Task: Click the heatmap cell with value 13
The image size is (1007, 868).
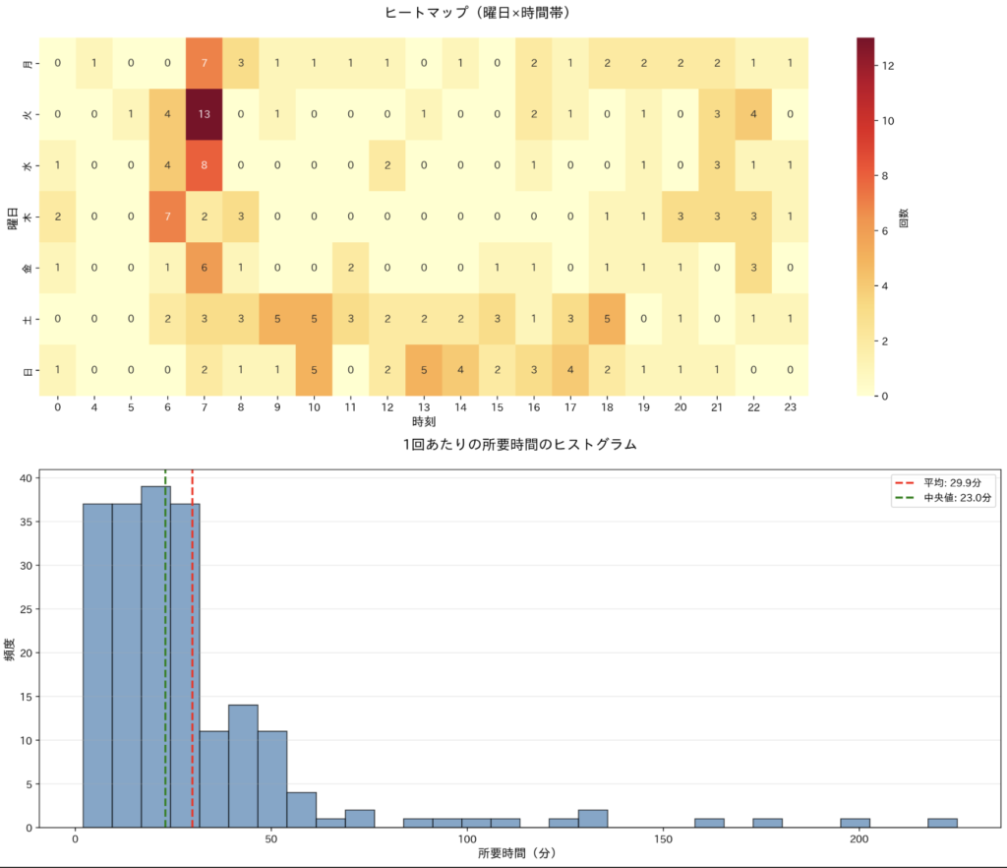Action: (x=204, y=114)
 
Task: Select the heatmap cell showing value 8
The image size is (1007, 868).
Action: (x=204, y=165)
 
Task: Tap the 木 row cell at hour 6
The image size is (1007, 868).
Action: (x=167, y=217)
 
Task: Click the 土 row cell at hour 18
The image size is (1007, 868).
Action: (x=607, y=318)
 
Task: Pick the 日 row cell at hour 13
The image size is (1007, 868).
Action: (x=424, y=369)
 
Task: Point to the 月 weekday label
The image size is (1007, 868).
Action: (x=28, y=64)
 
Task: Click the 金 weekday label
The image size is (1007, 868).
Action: (x=28, y=268)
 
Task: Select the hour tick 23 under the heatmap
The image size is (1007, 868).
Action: (x=791, y=405)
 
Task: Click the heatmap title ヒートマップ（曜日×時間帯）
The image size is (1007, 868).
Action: (x=478, y=13)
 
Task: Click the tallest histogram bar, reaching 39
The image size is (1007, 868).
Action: (x=155, y=656)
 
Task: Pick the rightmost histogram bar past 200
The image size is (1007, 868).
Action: (x=942, y=823)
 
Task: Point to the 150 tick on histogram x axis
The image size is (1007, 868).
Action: (x=664, y=839)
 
